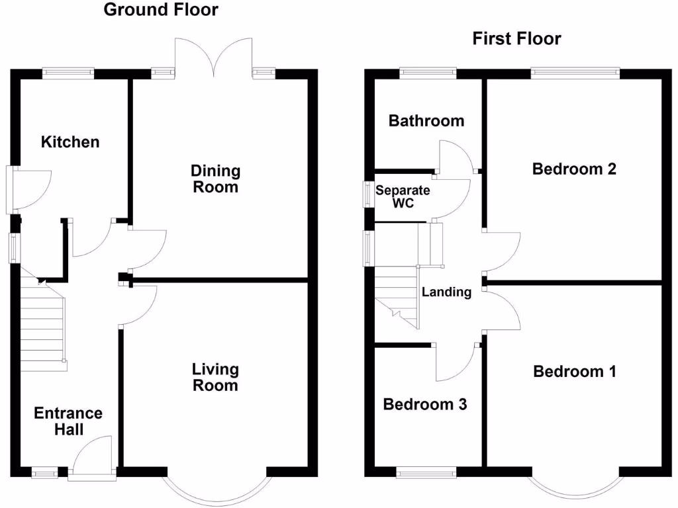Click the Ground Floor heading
point(161,10)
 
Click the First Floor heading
point(516,39)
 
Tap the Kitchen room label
point(70,142)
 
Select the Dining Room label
point(216,179)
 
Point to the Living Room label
point(215,377)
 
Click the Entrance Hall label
point(68,421)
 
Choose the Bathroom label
point(426,121)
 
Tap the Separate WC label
point(403,197)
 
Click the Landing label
point(446,292)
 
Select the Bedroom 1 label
point(575,372)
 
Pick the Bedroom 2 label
point(574,169)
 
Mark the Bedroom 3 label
point(425,404)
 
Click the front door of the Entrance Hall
point(92,456)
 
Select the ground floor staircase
point(42,324)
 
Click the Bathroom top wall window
point(426,72)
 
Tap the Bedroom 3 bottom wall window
point(426,472)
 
